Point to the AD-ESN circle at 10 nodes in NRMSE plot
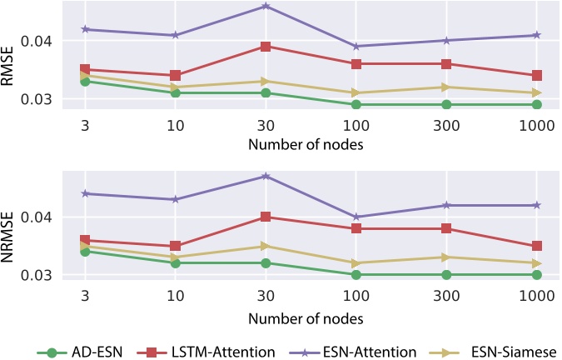click(x=175, y=262)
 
